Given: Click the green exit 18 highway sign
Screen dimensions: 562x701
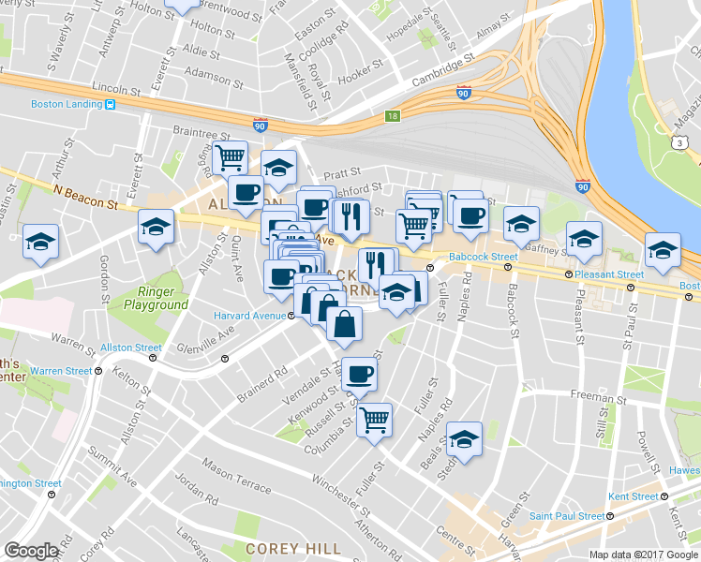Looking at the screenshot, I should [393, 116].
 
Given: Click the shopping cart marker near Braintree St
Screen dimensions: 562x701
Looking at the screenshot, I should [230, 157].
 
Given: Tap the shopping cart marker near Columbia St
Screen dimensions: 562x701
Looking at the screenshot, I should [374, 420].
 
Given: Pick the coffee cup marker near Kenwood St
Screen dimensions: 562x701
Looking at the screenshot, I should [358, 377].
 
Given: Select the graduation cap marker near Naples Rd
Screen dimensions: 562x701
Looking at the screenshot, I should [464, 438].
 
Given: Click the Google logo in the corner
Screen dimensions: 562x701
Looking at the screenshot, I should [31, 551].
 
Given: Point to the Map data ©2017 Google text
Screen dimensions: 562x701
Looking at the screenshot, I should [644, 555].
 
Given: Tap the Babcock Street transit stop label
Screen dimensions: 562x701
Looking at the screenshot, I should [483, 256].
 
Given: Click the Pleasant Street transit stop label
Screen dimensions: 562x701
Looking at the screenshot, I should [610, 274].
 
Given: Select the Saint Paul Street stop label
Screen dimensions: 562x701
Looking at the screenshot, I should [566, 515].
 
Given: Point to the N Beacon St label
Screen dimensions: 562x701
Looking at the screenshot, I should [86, 191].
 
